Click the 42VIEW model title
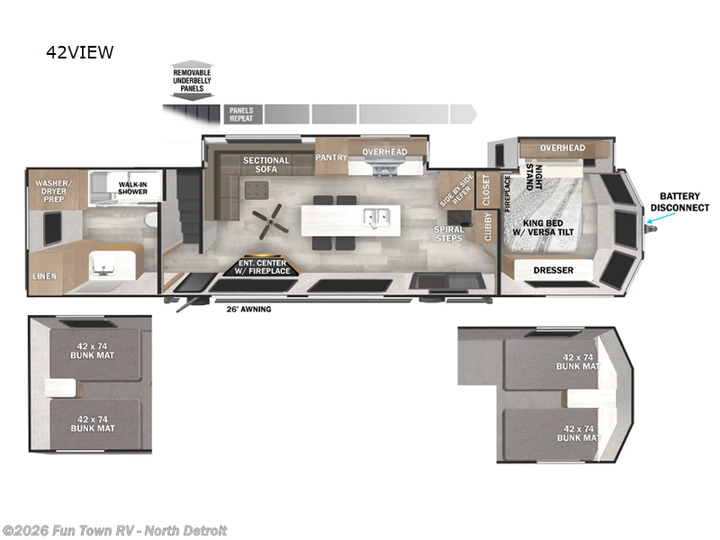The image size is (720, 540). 80,52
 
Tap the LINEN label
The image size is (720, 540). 44,276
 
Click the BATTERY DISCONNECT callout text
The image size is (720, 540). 684,202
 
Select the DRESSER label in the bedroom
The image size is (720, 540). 553,270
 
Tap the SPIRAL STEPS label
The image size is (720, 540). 449,234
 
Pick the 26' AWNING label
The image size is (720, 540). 247,309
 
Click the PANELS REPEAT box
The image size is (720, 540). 241,114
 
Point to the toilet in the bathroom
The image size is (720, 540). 150,220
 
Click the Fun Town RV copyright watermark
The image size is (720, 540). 114,530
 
